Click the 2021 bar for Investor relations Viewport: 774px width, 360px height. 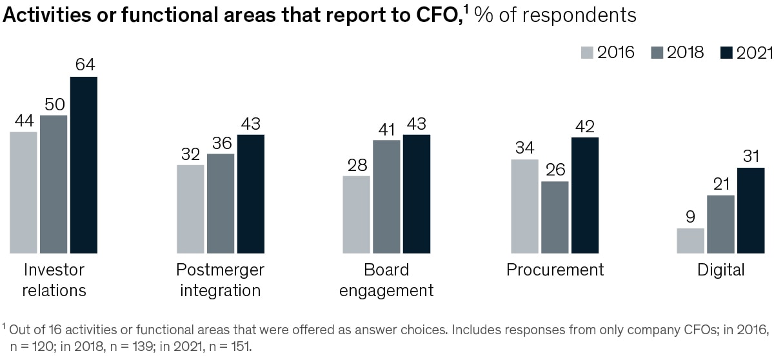(84, 165)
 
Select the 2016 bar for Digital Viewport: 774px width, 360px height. (690, 241)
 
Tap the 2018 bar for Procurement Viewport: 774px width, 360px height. (555, 217)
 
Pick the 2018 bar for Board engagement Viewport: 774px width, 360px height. (386, 196)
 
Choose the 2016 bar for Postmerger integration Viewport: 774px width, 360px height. (190, 209)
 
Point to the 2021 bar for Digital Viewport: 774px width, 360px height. (751, 210)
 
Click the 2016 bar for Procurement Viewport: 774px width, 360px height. (524, 206)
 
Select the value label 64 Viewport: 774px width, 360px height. (84, 66)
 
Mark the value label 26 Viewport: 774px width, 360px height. (555, 170)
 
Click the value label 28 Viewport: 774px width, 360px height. (356, 165)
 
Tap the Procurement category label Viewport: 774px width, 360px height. (555, 270)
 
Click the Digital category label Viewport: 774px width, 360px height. (720, 270)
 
